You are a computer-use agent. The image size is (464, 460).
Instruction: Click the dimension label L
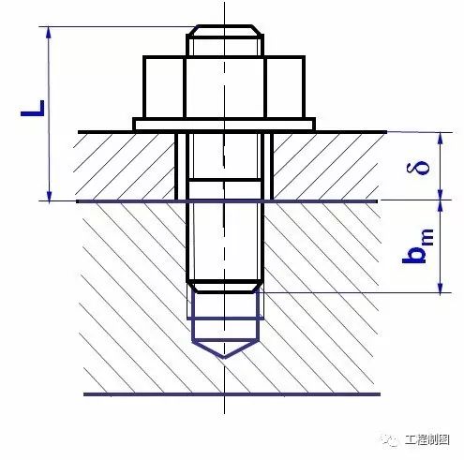coord(33,109)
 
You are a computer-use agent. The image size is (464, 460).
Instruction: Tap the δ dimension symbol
coord(418,167)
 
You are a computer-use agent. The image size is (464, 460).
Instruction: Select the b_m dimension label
coord(418,246)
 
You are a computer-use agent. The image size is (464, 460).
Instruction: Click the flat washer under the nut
coord(224,125)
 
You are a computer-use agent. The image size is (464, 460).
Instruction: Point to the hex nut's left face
coord(164,87)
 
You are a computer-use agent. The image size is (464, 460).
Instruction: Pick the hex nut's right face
coord(285,87)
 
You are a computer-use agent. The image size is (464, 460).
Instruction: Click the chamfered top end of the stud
coord(225,31)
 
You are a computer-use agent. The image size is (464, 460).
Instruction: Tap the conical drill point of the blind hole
coord(225,349)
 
